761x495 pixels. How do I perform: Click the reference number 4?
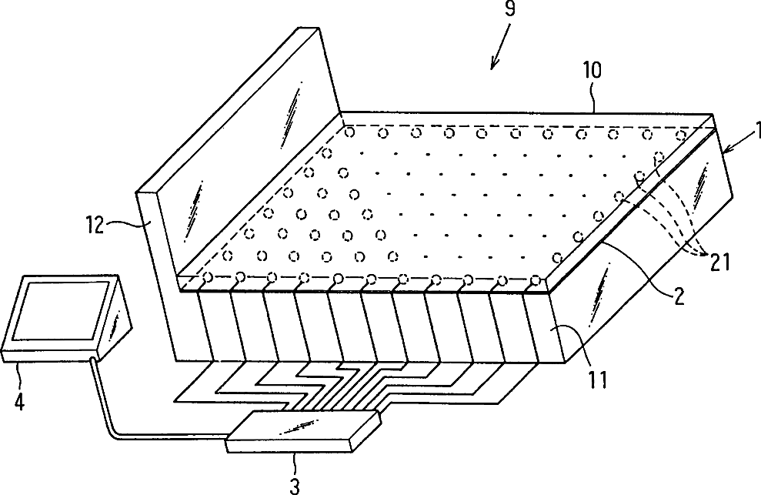[21, 401]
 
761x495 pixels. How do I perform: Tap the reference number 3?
[295, 484]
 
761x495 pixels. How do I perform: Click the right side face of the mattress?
[654, 254]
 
